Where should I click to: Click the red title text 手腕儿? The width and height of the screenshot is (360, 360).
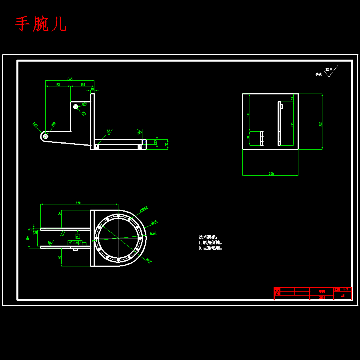tap(41, 24)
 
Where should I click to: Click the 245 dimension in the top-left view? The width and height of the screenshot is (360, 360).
tap(70, 79)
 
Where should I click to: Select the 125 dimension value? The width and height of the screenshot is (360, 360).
tap(58, 84)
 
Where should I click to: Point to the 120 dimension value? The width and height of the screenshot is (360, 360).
tap(82, 84)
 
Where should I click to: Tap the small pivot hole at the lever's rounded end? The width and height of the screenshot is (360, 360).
tap(45, 136)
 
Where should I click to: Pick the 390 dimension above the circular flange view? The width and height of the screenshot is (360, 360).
tap(78, 203)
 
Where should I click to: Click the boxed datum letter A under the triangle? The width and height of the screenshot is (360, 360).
tap(78, 236)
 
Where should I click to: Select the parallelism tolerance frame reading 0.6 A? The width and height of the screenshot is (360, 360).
tap(75, 243)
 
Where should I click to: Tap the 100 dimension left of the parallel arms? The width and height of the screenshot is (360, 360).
tap(28, 238)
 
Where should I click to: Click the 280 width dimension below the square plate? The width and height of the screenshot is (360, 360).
tap(271, 174)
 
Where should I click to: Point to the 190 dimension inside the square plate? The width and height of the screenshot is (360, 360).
tap(248, 115)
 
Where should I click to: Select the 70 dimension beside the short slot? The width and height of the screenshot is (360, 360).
tap(248, 138)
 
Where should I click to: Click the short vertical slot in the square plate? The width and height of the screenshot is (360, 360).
tap(262, 138)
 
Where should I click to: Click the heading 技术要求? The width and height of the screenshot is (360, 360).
tap(208, 237)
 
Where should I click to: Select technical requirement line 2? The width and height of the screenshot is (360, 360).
tap(210, 248)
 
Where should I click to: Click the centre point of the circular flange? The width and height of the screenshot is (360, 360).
tap(118, 238)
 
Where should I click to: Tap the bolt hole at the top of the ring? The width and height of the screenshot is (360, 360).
tap(118, 216)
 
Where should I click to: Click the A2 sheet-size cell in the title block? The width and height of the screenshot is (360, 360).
tap(343, 296)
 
